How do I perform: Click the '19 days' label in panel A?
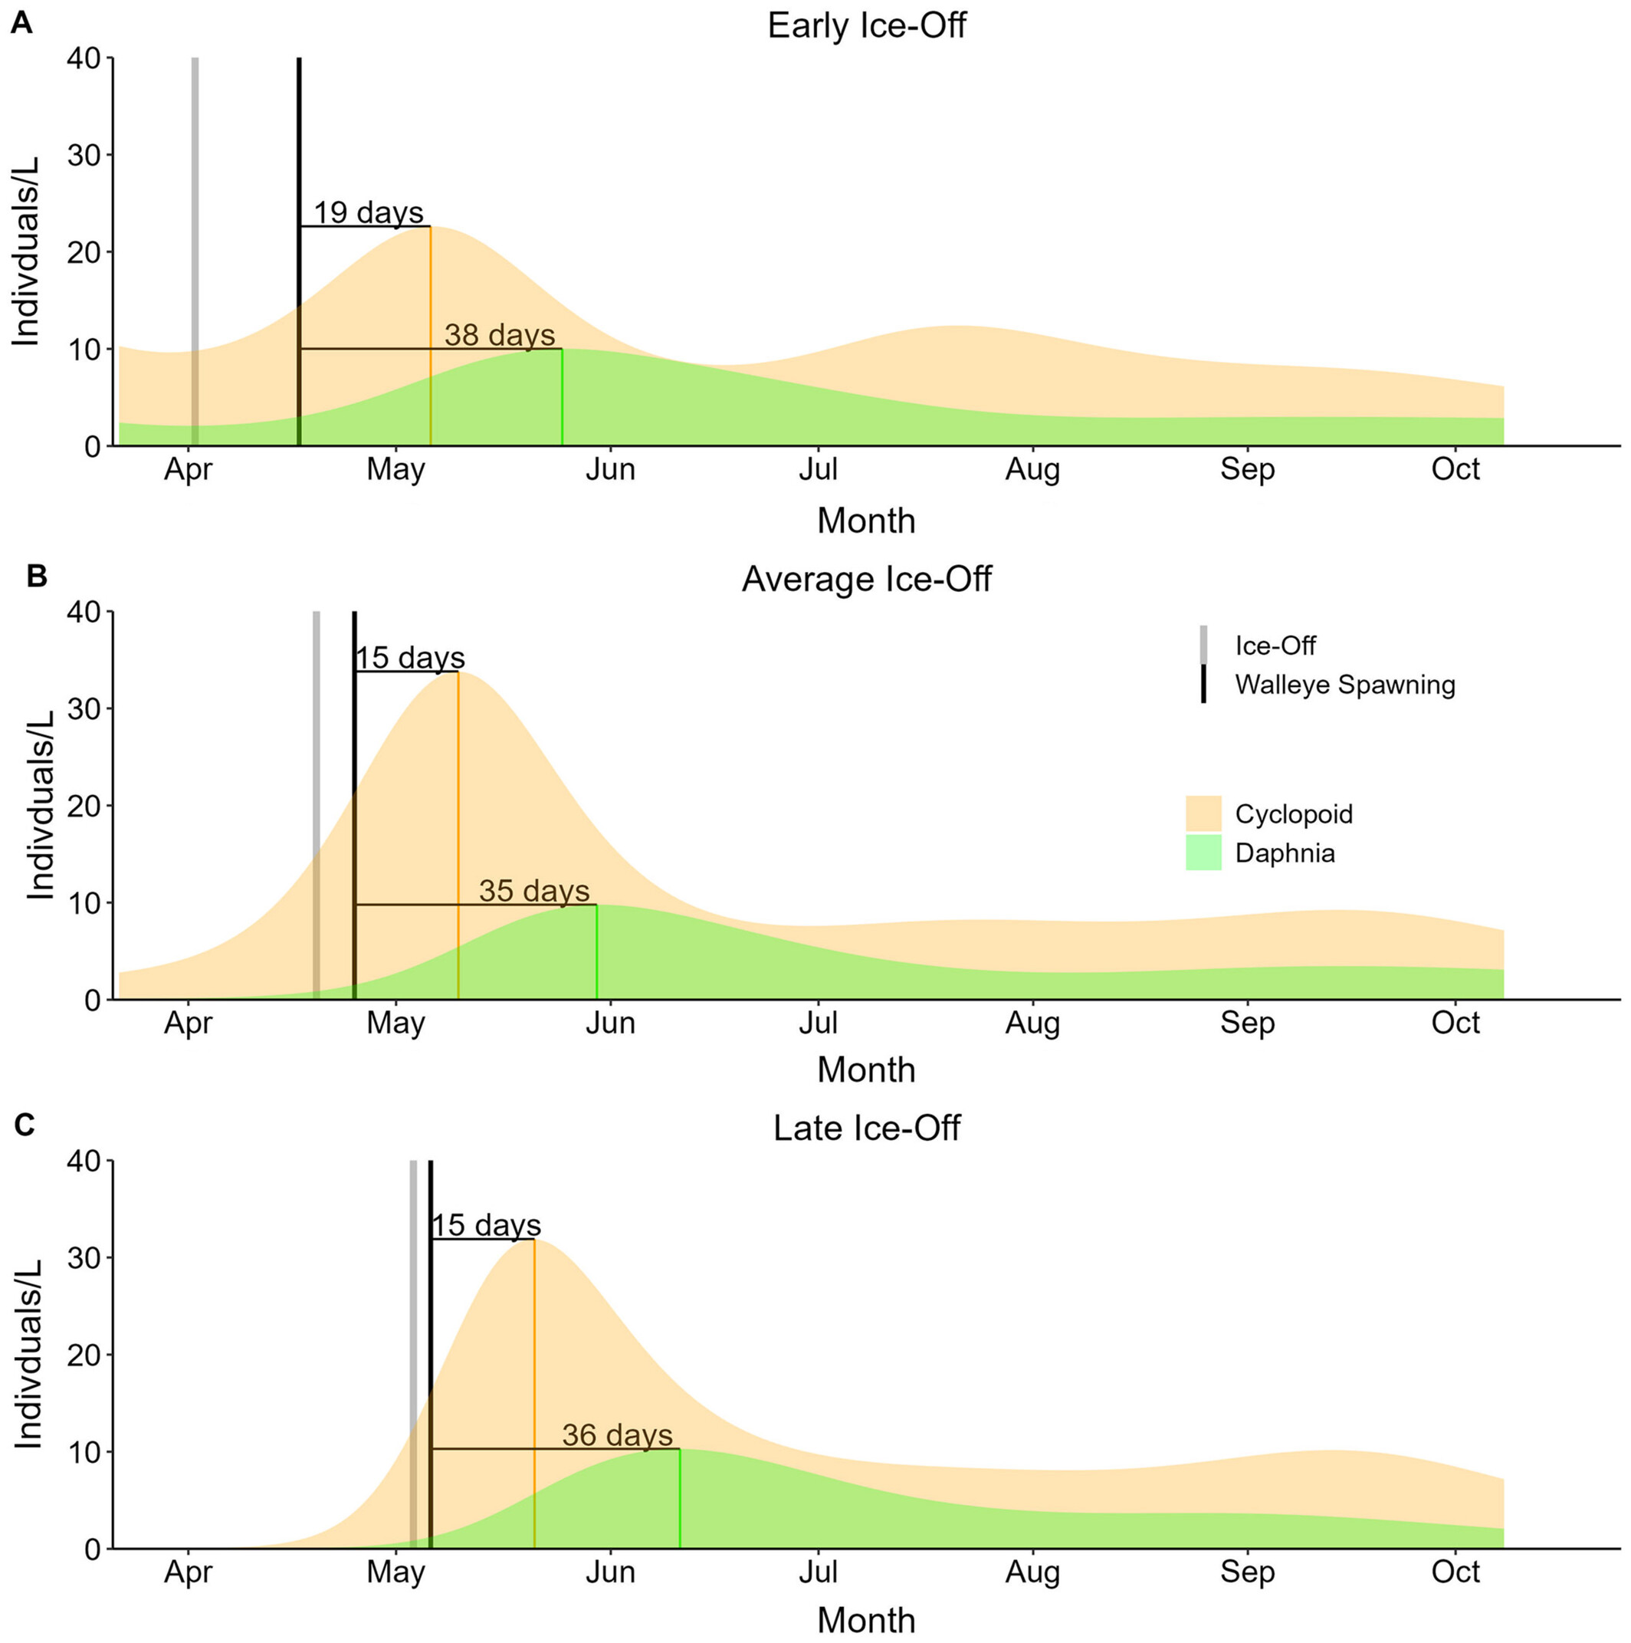[368, 212]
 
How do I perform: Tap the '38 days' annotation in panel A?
[499, 334]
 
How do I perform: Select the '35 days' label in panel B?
[533, 890]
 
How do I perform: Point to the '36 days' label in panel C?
[616, 1434]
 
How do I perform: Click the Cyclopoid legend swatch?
[1203, 813]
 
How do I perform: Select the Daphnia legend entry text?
[1284, 853]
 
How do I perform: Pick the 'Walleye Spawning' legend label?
[1344, 685]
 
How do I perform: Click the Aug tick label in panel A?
[1032, 469]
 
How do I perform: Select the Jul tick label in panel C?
[818, 1572]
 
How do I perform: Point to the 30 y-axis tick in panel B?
[84, 708]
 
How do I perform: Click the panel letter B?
[37, 576]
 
